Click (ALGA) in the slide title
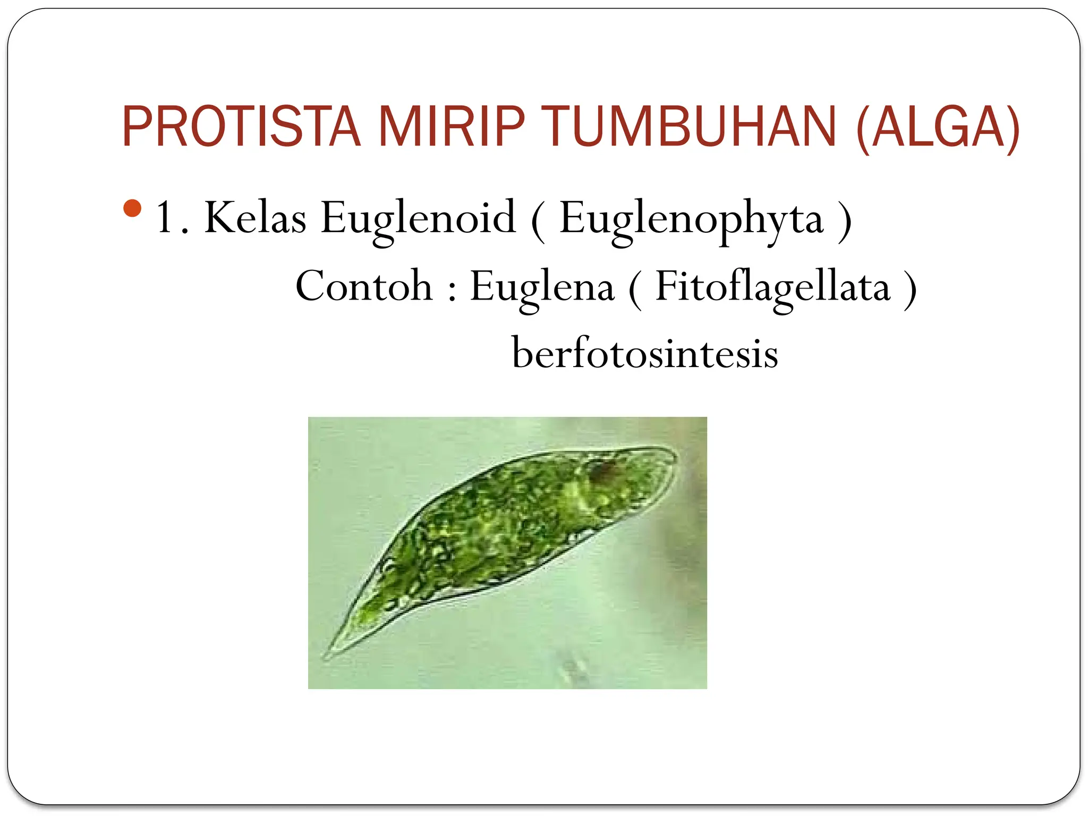(938, 127)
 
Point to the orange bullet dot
(132, 208)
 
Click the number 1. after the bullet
(171, 218)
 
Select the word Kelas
(256, 218)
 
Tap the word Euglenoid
(418, 218)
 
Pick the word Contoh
(364, 287)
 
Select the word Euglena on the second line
(542, 287)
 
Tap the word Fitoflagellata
(772, 287)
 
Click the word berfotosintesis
(644, 353)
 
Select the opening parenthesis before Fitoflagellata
(635, 290)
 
